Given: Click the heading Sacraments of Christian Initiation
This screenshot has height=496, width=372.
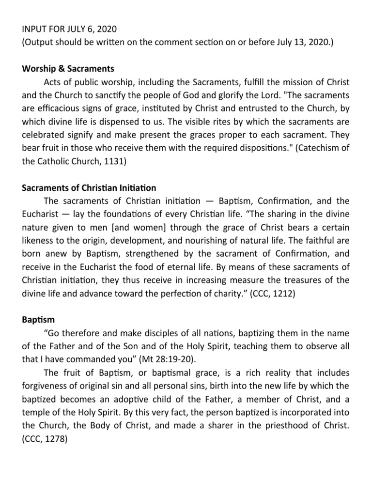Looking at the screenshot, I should coord(89,187).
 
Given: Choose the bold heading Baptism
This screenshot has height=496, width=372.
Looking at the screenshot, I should coord(38,320).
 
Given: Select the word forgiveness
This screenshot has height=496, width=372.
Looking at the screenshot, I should coord(48,386).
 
